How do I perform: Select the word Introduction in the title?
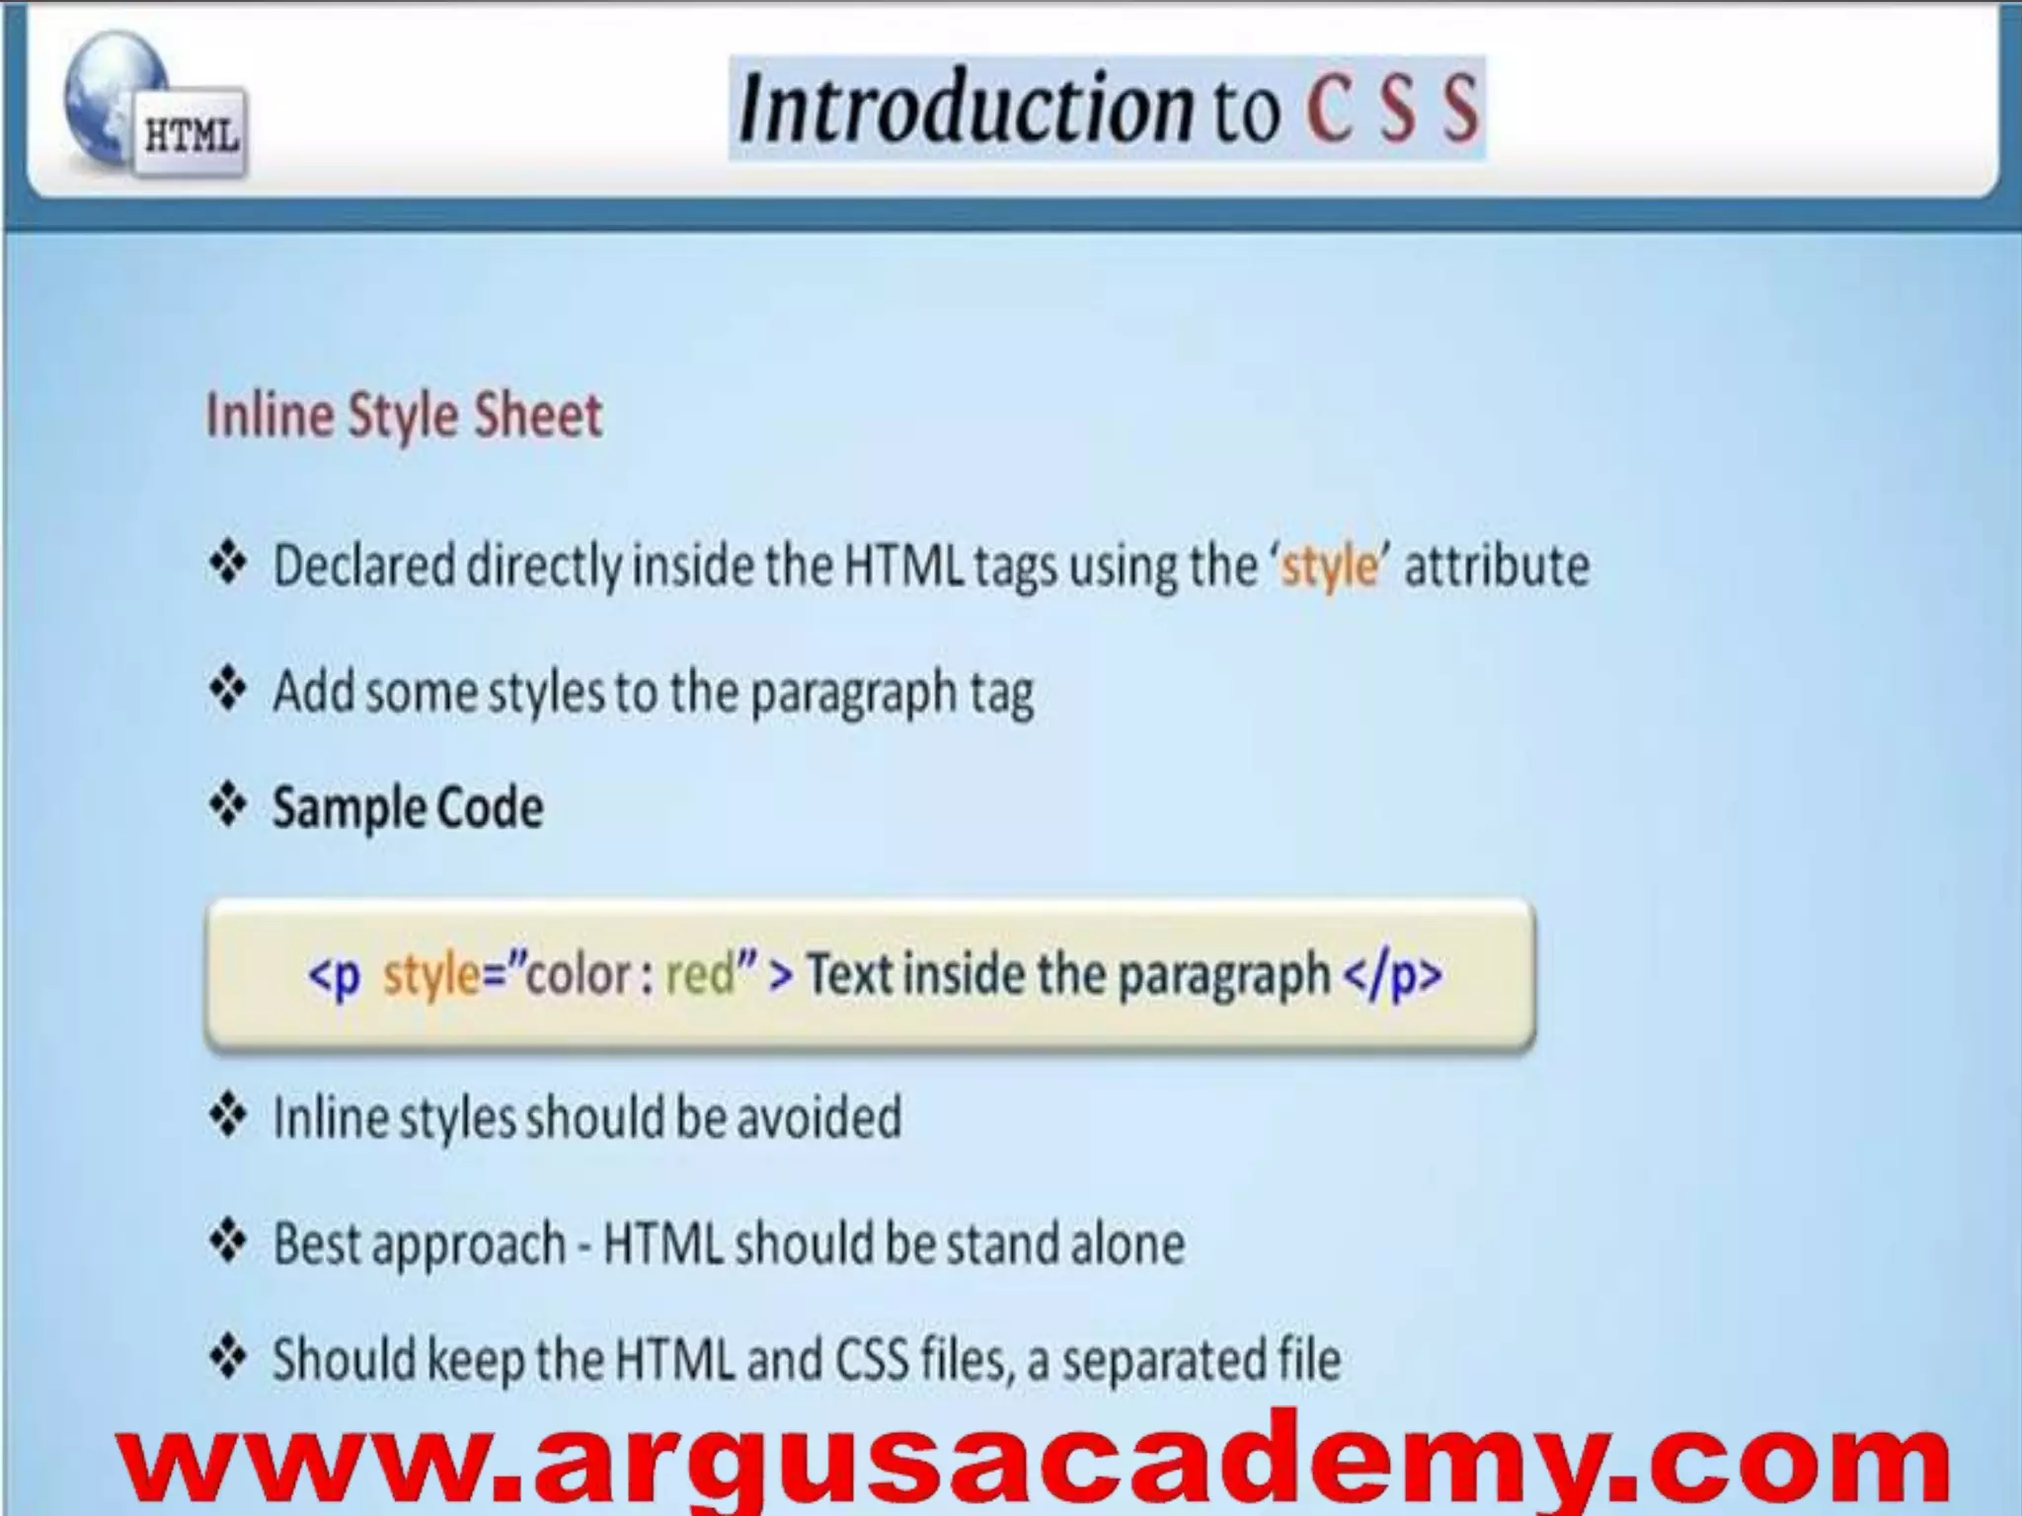(x=966, y=108)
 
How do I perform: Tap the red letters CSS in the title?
(x=1392, y=108)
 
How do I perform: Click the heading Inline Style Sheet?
(x=403, y=416)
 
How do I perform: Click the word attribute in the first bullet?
(x=1497, y=567)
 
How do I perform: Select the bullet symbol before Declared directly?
(x=228, y=564)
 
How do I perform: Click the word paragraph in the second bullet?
(x=852, y=693)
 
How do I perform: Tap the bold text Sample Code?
(x=408, y=807)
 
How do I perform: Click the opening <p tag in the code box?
(x=335, y=975)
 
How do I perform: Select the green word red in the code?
(x=700, y=974)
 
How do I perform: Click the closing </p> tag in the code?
(x=1393, y=975)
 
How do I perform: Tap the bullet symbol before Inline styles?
(x=228, y=1116)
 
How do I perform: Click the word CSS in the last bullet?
(x=872, y=1359)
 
